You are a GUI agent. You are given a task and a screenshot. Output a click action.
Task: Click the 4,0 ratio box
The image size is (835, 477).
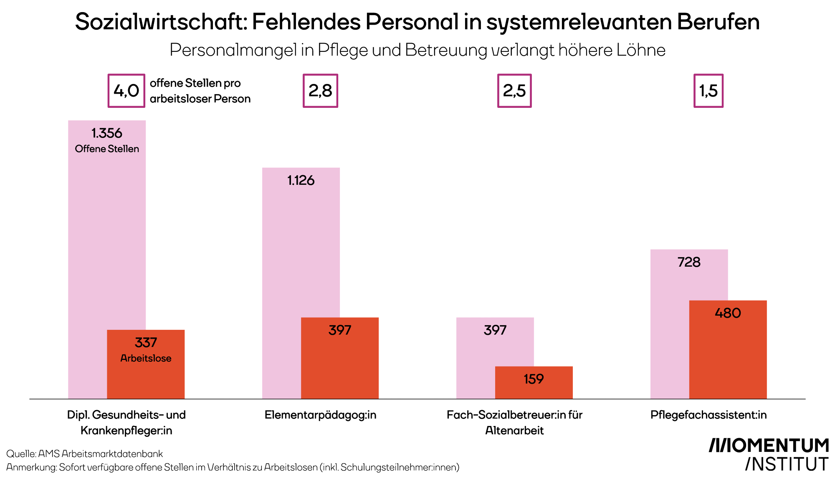(x=126, y=91)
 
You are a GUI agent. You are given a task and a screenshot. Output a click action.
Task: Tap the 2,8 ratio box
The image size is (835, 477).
(x=320, y=91)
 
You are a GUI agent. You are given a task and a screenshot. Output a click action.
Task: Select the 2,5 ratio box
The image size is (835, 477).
(x=514, y=91)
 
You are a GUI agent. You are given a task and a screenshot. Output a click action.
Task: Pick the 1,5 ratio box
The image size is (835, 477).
(x=708, y=91)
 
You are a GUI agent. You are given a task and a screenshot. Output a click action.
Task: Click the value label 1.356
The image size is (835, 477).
(x=107, y=133)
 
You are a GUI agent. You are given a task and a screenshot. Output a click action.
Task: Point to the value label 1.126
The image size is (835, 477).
(x=301, y=181)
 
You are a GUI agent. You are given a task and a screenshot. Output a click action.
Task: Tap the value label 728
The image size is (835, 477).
(x=689, y=262)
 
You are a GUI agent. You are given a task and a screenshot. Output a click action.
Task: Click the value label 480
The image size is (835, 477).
(x=728, y=313)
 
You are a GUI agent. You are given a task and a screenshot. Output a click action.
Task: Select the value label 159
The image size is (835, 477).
(x=534, y=379)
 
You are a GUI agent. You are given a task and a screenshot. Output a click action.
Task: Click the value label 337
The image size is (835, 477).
(x=146, y=343)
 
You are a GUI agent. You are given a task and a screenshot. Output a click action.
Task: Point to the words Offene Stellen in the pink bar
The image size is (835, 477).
(x=107, y=149)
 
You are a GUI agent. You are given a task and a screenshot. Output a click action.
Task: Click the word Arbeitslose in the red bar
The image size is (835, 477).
(x=146, y=358)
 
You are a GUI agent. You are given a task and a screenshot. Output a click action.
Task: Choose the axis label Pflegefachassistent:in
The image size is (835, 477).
(x=708, y=415)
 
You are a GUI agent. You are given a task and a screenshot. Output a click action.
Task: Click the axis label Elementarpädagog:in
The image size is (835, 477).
(x=320, y=415)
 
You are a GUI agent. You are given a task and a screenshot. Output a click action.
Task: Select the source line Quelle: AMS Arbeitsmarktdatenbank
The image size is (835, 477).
(x=84, y=454)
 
